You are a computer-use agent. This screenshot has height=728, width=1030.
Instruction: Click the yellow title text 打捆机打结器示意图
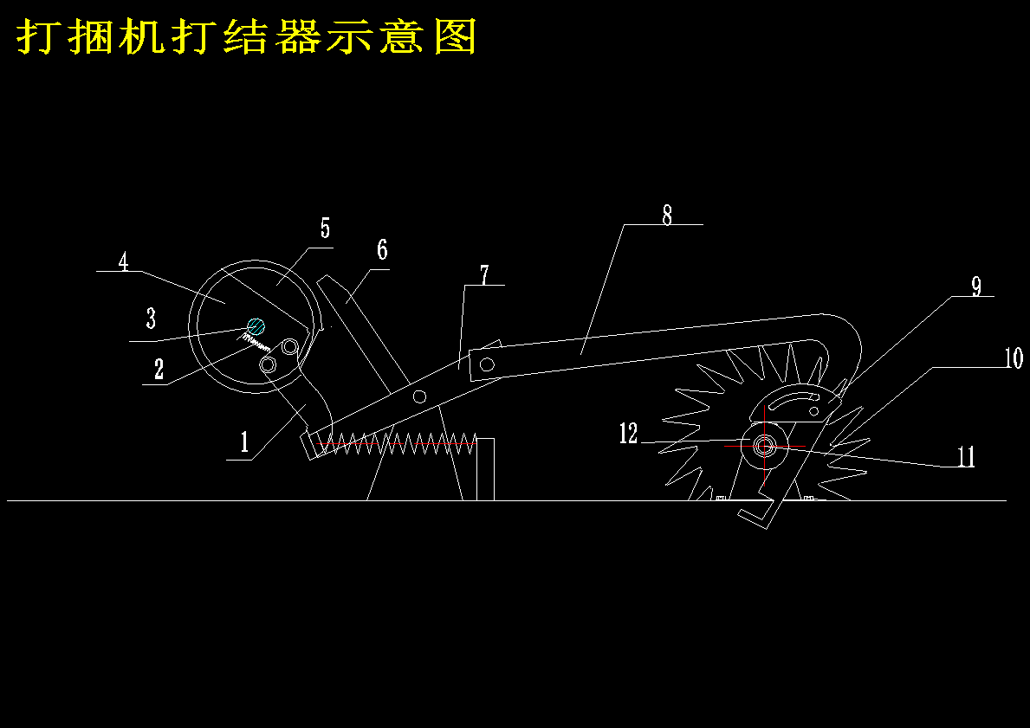click(247, 37)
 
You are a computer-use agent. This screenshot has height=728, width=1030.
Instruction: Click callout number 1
click(245, 444)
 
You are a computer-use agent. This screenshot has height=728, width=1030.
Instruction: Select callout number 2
click(159, 370)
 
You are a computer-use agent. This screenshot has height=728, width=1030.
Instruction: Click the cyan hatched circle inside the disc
click(256, 326)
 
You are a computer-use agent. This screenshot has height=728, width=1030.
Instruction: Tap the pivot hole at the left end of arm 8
click(488, 364)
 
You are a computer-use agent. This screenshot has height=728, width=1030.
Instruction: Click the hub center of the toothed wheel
click(764, 446)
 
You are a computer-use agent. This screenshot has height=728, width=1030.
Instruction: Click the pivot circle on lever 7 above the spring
click(419, 396)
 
